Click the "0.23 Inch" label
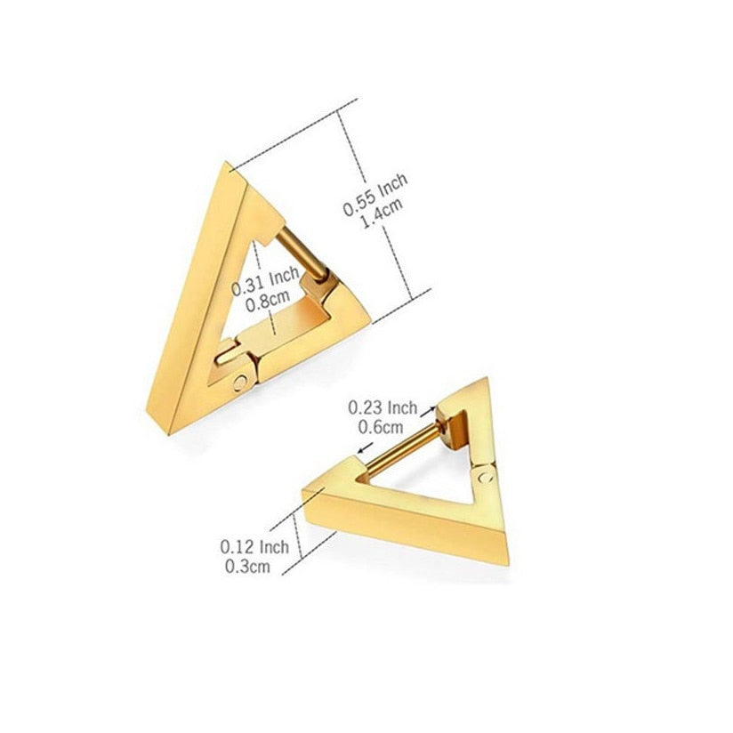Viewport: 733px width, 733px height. point(383,407)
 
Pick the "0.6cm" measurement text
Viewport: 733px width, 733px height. point(380,426)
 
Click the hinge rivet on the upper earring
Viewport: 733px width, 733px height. point(239,383)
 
